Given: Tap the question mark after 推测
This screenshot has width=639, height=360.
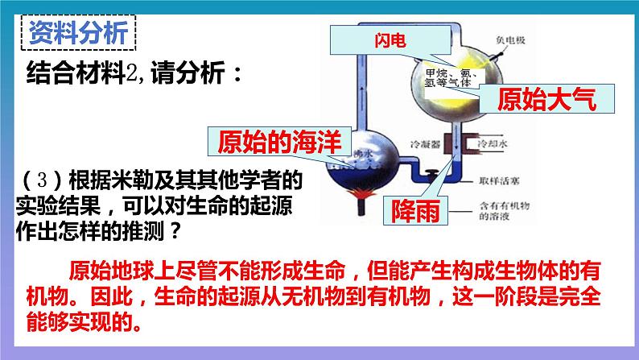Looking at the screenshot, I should (176, 231).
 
